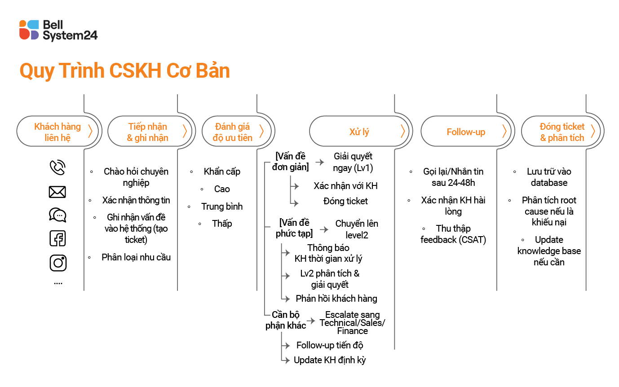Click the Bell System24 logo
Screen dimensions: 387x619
point(58,30)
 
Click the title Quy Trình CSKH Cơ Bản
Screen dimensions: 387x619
point(124,71)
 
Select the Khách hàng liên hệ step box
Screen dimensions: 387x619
point(57,132)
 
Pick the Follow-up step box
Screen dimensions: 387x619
point(466,132)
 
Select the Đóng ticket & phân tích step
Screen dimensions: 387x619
point(562,132)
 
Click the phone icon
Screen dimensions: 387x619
point(57,167)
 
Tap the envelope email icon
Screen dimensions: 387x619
point(57,192)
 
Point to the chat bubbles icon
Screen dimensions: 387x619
point(57,215)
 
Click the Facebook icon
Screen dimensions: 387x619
point(57,238)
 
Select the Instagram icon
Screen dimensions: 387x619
point(57,263)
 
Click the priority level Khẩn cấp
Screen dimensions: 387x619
point(222,172)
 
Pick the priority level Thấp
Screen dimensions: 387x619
point(222,224)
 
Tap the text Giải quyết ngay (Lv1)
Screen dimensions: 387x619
point(353,162)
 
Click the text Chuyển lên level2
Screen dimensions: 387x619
point(357,229)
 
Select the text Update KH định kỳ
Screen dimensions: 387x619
point(330,360)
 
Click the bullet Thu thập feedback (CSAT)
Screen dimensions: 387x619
point(453,234)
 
